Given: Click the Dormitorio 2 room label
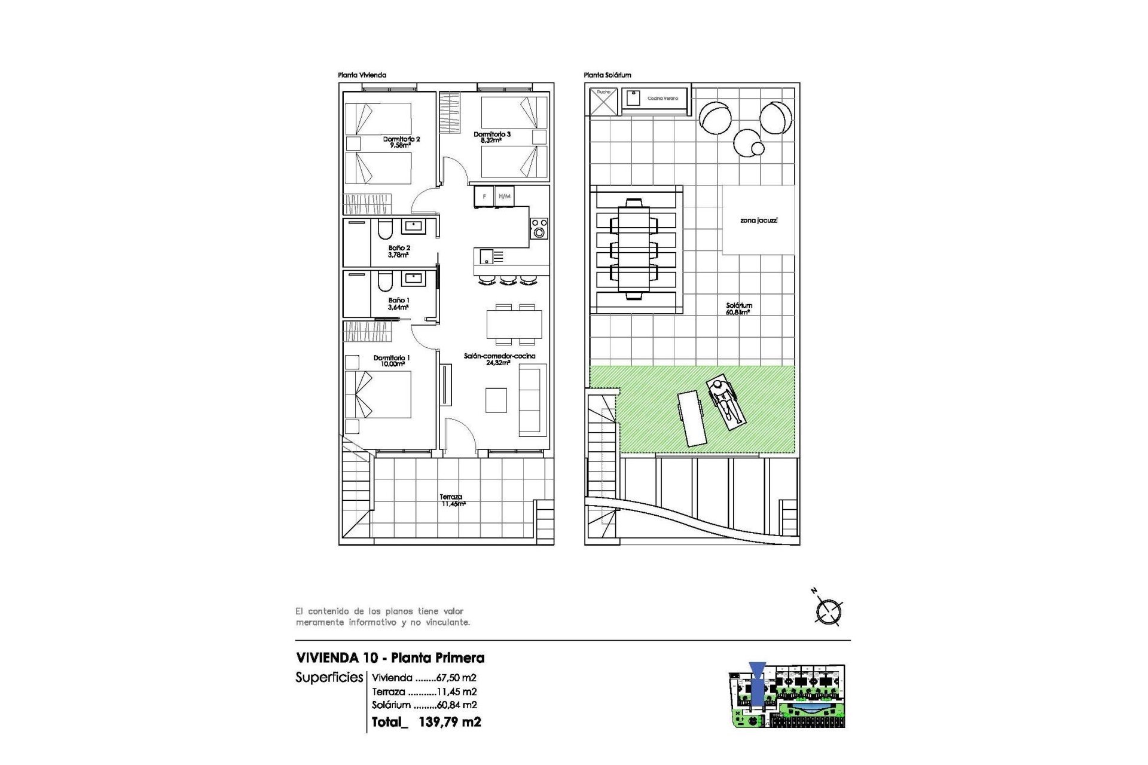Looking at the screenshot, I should [401, 142].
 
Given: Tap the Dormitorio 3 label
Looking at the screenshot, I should [492, 137].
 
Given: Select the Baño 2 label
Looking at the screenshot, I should [399, 251].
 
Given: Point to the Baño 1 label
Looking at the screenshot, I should [399, 304].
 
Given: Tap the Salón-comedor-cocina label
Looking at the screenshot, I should [499, 359].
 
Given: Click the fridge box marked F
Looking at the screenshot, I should [484, 197].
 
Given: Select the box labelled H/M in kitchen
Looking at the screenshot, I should [505, 197].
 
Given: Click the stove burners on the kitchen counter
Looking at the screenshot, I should [539, 228].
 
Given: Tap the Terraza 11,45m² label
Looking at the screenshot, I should [452, 500].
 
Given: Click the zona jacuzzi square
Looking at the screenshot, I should [758, 221].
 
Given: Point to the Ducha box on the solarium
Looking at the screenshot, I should [603, 100].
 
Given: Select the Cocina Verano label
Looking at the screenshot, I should [662, 98].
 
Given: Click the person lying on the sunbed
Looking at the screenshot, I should [725, 402].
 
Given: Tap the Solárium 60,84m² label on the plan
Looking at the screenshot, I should [739, 308].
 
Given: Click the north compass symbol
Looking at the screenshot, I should [829, 611].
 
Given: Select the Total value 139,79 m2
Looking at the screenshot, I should [449, 722].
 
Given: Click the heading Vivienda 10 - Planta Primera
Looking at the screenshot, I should [390, 658].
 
